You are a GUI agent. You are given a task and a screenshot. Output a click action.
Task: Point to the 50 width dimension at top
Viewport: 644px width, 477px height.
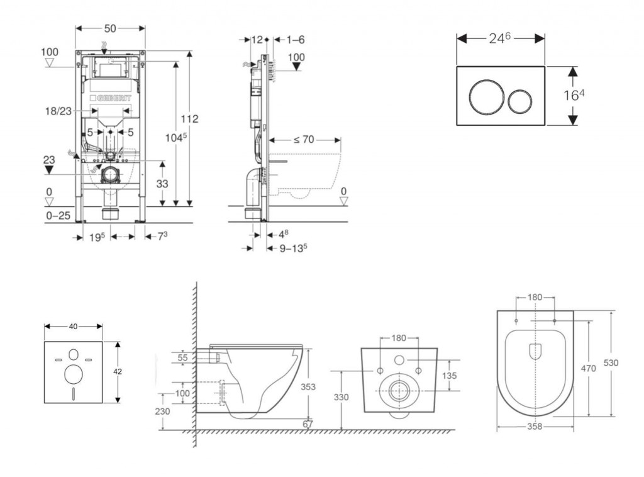(x=110, y=29)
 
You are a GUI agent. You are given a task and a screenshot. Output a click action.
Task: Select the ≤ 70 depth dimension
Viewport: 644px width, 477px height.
(x=303, y=140)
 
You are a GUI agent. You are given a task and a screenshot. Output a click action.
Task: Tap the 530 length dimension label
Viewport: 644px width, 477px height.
(x=611, y=363)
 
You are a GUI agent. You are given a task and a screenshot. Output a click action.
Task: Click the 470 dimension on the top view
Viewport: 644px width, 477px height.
(x=589, y=369)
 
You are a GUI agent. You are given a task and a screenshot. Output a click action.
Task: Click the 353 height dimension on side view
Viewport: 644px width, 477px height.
(x=308, y=387)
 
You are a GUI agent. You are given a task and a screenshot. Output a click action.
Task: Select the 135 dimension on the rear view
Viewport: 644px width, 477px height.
(x=449, y=376)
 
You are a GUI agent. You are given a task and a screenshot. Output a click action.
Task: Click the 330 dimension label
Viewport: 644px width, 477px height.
(x=340, y=397)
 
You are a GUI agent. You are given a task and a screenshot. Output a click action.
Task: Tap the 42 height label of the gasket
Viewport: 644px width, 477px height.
(x=118, y=371)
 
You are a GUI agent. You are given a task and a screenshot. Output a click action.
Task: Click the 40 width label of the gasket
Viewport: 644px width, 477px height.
(x=73, y=326)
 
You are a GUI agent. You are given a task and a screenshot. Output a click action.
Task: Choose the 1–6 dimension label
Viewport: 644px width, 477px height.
(x=296, y=40)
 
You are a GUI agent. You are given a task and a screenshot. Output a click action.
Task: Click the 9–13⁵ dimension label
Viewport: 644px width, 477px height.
(x=293, y=247)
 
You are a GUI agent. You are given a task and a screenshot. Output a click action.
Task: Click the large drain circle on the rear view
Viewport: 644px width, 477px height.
(x=399, y=391)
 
